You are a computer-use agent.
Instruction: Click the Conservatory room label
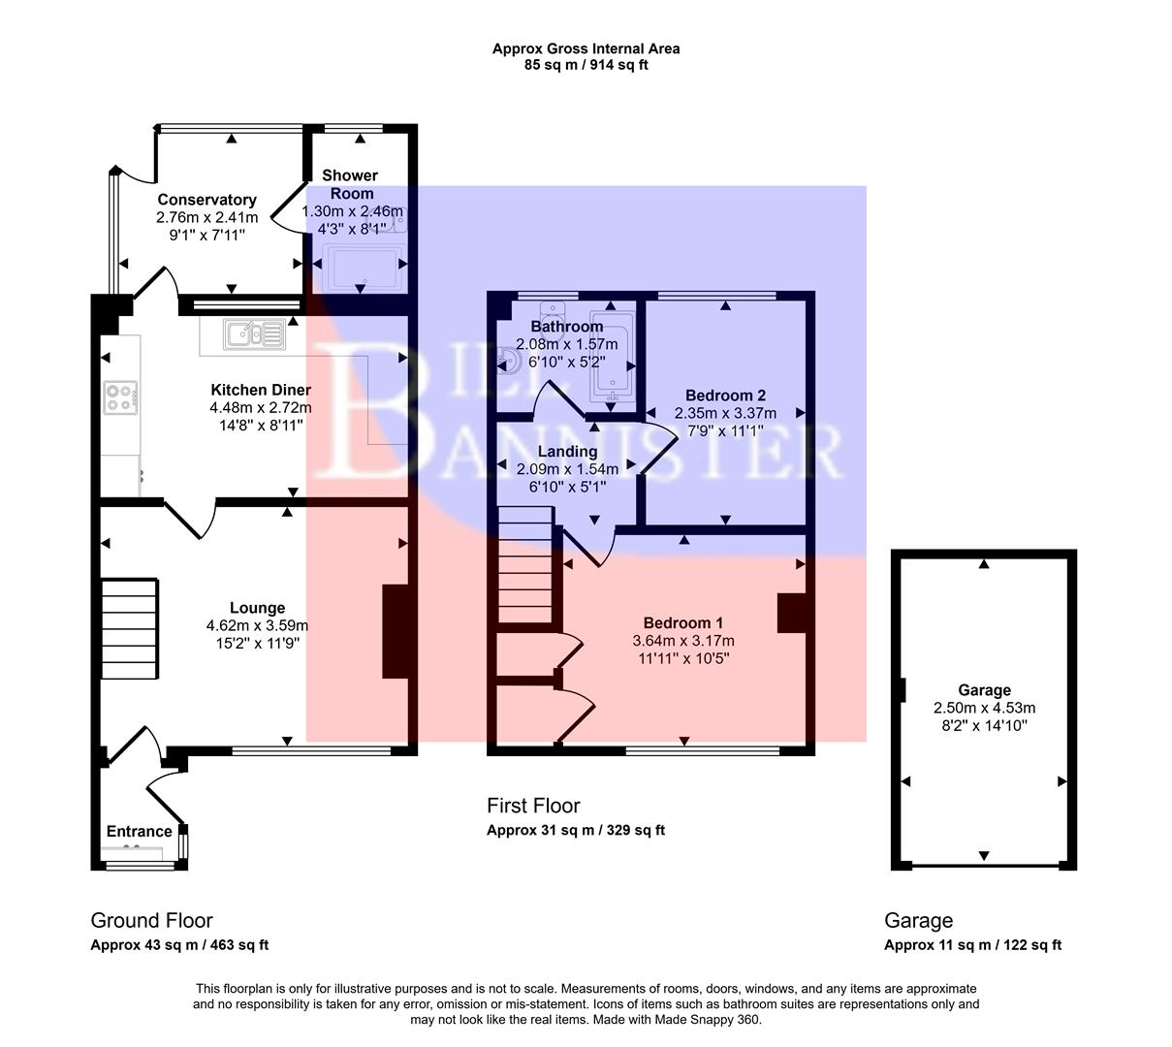[207, 200]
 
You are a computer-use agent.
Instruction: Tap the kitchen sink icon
[253, 335]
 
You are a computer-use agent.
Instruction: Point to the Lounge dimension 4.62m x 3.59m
[257, 626]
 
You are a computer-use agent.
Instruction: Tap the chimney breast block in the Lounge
[396, 631]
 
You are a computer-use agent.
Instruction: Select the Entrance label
[139, 832]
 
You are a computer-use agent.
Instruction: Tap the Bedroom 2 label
[725, 396]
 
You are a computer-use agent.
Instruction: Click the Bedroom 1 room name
[682, 623]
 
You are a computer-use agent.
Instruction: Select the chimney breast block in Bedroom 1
[792, 613]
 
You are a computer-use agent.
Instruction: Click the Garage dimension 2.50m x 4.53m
[984, 708]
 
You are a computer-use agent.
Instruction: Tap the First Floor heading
[533, 806]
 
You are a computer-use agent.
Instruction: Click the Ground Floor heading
[151, 921]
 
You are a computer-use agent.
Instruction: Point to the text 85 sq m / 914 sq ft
[586, 66]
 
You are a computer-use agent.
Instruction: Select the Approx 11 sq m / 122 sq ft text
[972, 945]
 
